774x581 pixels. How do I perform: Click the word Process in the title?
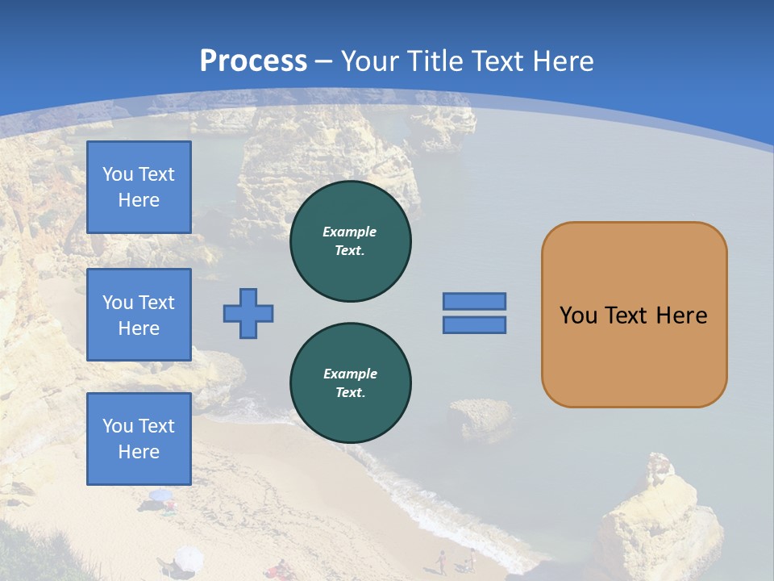pyautogui.click(x=253, y=61)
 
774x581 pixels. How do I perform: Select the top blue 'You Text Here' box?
pyautogui.click(x=139, y=187)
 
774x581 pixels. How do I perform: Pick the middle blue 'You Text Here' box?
pyautogui.click(x=139, y=315)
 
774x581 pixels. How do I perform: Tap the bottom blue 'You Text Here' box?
pyautogui.click(x=139, y=439)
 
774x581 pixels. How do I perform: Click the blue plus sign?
pyautogui.click(x=248, y=313)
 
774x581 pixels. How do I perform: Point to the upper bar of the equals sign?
pyautogui.click(x=474, y=301)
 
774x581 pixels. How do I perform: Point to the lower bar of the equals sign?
pyautogui.click(x=474, y=324)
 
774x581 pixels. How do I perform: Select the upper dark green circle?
pyautogui.click(x=351, y=241)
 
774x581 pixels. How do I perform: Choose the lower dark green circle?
pyautogui.click(x=351, y=383)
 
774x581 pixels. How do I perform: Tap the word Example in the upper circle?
pyautogui.click(x=350, y=232)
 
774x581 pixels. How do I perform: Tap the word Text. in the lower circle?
pyautogui.click(x=350, y=393)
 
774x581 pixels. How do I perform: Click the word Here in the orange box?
pyautogui.click(x=681, y=316)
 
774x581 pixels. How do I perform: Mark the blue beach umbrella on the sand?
pyautogui.click(x=160, y=495)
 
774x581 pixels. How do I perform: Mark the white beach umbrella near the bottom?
pyautogui.click(x=188, y=556)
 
